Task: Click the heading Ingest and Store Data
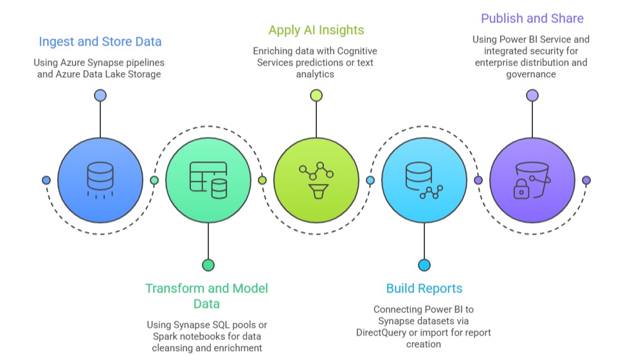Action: pos(100,42)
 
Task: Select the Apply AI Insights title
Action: pos(316,30)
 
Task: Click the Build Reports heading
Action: pos(424,288)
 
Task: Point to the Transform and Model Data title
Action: pos(207,296)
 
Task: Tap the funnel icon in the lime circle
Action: pos(316,191)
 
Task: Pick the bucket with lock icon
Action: pos(532,180)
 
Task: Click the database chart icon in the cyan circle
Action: pos(424,180)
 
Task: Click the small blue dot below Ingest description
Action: pos(100,95)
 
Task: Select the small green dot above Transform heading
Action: pos(208,265)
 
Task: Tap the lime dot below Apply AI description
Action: pos(316,95)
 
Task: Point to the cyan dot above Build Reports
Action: pos(424,265)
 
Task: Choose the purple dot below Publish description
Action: pos(532,95)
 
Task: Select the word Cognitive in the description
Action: pos(356,51)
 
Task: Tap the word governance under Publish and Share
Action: pos(531,74)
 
